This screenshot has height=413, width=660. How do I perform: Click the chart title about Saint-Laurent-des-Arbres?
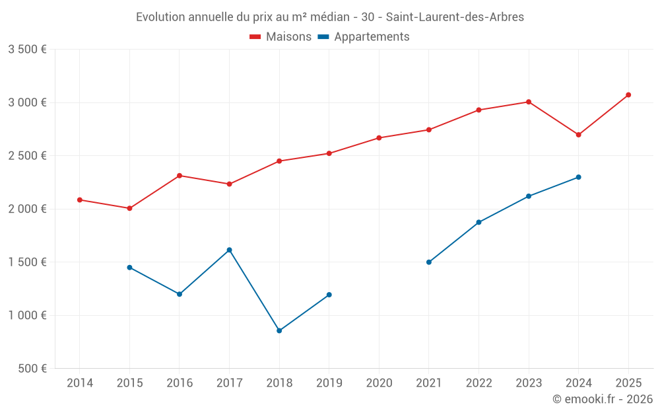(x=329, y=17)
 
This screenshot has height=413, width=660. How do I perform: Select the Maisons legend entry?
(x=280, y=37)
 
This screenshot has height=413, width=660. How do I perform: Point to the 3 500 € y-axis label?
(x=27, y=50)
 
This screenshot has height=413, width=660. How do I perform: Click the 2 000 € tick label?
(x=27, y=209)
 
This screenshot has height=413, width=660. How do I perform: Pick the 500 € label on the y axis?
(x=32, y=369)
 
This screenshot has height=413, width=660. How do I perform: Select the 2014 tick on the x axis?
(x=80, y=383)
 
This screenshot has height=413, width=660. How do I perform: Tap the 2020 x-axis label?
(x=379, y=383)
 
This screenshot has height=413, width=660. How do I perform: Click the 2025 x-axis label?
(x=628, y=383)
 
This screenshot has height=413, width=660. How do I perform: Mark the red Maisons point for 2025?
(x=628, y=95)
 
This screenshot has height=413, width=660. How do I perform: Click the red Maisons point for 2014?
(x=80, y=200)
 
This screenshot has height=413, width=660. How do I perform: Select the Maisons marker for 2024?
(x=579, y=135)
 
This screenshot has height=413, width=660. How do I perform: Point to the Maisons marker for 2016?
(x=180, y=176)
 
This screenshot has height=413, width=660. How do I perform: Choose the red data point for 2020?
(x=379, y=138)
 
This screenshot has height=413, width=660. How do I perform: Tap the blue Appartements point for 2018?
(x=279, y=330)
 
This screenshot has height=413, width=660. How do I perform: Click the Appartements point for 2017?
(x=230, y=250)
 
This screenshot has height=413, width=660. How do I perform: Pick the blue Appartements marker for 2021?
(x=429, y=262)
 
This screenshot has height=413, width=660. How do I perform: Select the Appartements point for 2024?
(x=579, y=177)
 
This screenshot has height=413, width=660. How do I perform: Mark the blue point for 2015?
(x=129, y=268)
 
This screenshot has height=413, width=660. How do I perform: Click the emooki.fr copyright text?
(x=602, y=399)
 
